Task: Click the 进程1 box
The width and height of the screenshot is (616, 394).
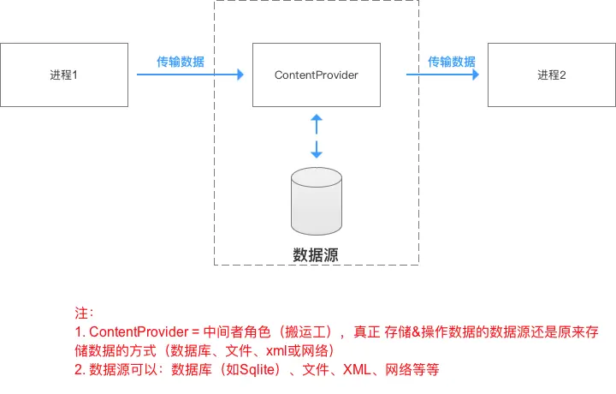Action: pyautogui.click(x=64, y=75)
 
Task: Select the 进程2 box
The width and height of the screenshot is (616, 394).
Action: pyautogui.click(x=552, y=75)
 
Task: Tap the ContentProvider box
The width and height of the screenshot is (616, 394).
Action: pyautogui.click(x=316, y=75)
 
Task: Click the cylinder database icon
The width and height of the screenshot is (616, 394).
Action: pyautogui.click(x=316, y=203)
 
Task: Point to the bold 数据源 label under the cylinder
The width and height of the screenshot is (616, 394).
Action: pyautogui.click(x=316, y=254)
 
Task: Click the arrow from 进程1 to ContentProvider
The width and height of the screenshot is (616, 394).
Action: pyautogui.click(x=190, y=75)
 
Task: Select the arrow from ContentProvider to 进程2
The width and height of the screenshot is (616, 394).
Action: pyautogui.click(x=441, y=75)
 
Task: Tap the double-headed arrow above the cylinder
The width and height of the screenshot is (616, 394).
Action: pyautogui.click(x=316, y=135)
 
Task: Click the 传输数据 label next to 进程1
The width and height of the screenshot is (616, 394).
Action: pyautogui.click(x=180, y=62)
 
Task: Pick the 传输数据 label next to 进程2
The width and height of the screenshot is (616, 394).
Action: pyautogui.click(x=452, y=62)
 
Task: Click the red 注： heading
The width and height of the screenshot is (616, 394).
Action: pyautogui.click(x=85, y=313)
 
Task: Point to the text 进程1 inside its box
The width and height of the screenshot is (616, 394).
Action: pyautogui.click(x=64, y=75)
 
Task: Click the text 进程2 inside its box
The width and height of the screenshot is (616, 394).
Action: pyautogui.click(x=552, y=75)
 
